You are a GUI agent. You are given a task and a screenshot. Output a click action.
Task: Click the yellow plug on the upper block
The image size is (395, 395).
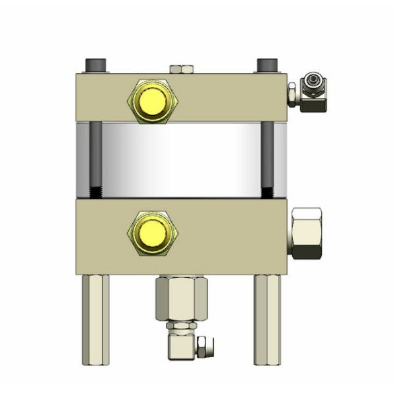pos(151,100)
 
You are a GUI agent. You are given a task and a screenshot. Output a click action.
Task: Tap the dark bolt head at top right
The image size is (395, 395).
pos(267,66)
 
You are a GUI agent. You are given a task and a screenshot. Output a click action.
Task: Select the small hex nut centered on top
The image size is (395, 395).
pos(180,68)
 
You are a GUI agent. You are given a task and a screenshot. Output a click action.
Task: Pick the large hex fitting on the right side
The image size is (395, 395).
pos(305,233)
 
